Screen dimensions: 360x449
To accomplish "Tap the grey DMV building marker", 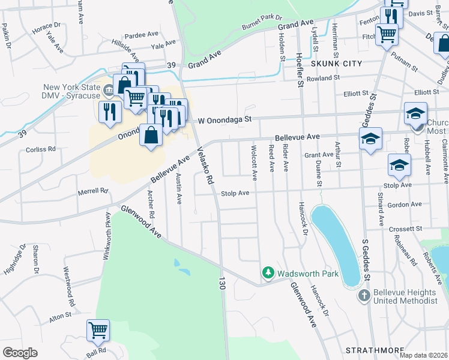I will (x=109, y=92).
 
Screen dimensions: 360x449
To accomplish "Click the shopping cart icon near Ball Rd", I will (x=98, y=331).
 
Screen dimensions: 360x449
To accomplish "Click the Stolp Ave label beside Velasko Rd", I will (x=234, y=193).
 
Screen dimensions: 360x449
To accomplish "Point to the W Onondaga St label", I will (x=223, y=119).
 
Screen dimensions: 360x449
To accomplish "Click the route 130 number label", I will (x=221, y=284).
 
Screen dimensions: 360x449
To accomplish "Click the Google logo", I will (x=20, y=353).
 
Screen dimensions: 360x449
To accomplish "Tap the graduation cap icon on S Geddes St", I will (x=370, y=140).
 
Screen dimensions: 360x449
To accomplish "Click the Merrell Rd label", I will (x=92, y=191).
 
